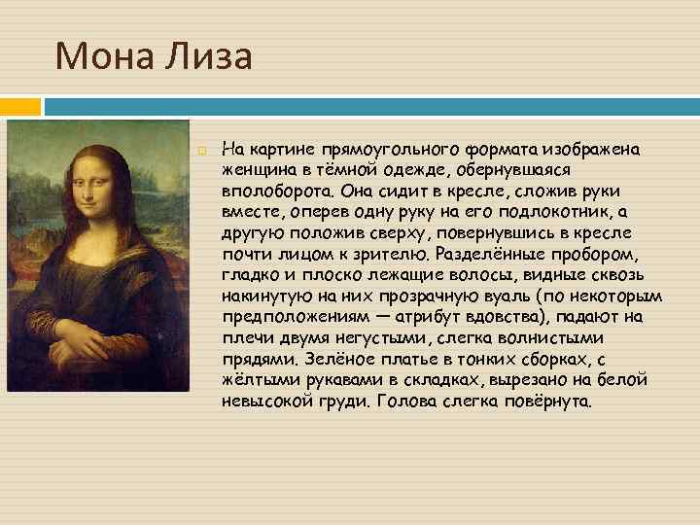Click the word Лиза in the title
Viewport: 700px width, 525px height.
(209, 56)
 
